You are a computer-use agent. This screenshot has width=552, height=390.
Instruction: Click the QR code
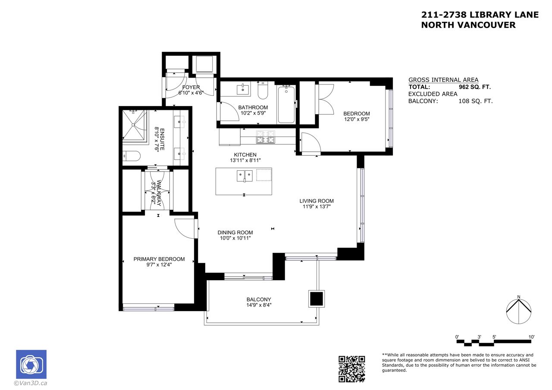pyautogui.click(x=351, y=369)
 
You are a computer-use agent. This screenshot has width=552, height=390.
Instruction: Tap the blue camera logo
pyautogui.click(x=31, y=364)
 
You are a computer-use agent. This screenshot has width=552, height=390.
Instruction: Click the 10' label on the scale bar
pyautogui.click(x=531, y=337)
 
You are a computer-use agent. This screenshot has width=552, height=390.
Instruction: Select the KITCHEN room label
pyautogui.click(x=245, y=155)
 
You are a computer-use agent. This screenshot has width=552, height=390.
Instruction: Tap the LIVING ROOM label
pyautogui.click(x=317, y=201)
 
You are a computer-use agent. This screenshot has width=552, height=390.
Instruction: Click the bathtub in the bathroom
pyautogui.click(x=286, y=104)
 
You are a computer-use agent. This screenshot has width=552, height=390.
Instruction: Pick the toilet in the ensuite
pyautogui.click(x=132, y=156)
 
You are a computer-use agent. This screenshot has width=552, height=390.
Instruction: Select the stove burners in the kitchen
pyautogui.click(x=265, y=137)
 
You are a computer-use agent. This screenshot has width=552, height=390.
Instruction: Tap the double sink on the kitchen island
pyautogui.click(x=245, y=176)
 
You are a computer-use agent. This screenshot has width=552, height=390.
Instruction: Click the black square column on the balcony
pyautogui.click(x=317, y=299)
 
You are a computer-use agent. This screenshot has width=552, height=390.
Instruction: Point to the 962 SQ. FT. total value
pyautogui.click(x=475, y=87)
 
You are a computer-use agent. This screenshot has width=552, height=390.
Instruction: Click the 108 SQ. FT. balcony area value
pyautogui.click(x=476, y=101)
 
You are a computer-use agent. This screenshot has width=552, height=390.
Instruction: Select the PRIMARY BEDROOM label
pyautogui.click(x=159, y=259)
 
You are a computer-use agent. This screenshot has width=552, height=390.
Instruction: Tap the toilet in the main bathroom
pyautogui.click(x=263, y=90)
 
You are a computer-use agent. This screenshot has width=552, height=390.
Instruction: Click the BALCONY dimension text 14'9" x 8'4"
pyautogui.click(x=259, y=305)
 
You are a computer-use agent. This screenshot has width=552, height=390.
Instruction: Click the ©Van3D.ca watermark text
pyautogui.click(x=31, y=383)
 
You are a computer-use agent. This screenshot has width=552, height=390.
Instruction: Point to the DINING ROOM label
pyautogui.click(x=235, y=232)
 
